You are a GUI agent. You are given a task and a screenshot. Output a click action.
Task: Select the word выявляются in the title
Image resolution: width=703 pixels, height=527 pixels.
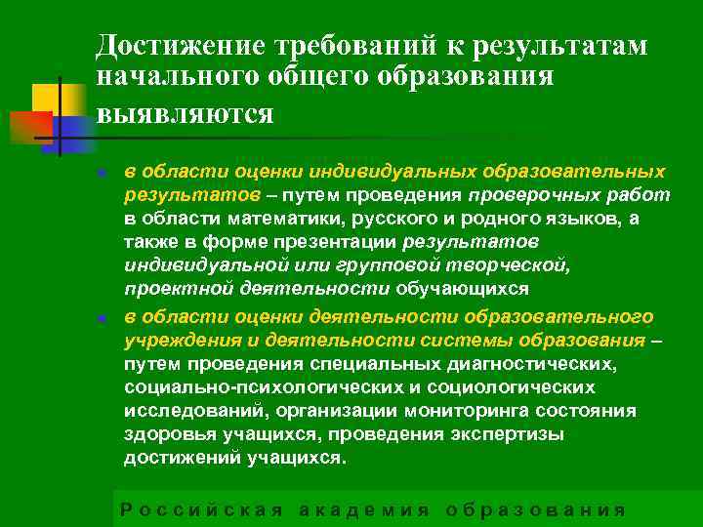click(x=185, y=112)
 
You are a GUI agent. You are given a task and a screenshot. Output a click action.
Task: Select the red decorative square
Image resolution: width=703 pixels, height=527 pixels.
click(x=29, y=128)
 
